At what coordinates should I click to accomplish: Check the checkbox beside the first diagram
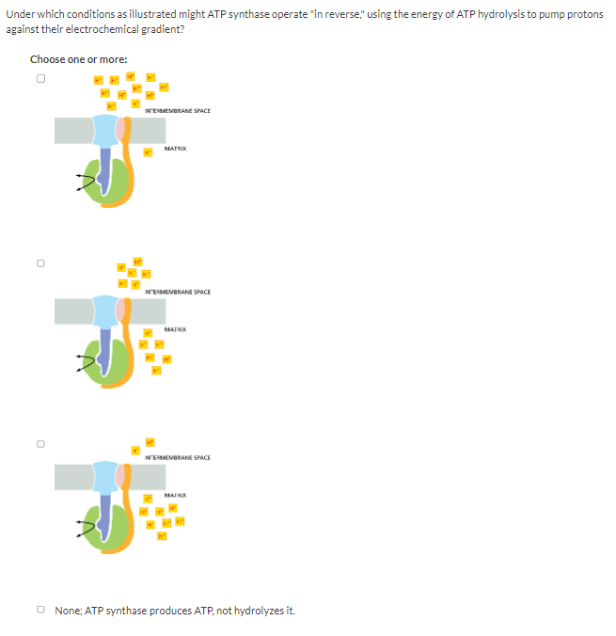coord(40,79)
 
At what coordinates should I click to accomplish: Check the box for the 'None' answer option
coord(43,611)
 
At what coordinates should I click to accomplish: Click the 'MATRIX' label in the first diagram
coord(174,148)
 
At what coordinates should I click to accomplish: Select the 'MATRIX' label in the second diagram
coord(174,329)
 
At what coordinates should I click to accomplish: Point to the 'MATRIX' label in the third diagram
coord(176,495)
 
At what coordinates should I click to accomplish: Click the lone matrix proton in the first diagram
coord(148,153)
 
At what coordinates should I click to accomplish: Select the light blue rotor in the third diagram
coord(106,478)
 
